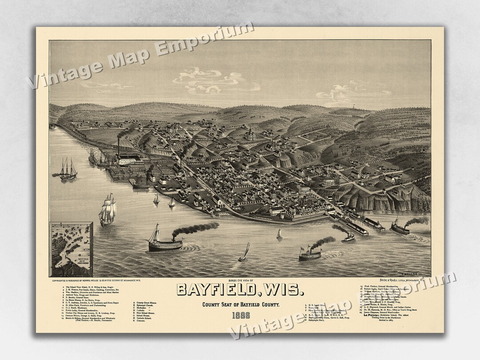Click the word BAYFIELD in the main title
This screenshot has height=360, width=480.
(x=215, y=290)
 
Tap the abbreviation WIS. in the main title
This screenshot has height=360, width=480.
(x=280, y=290)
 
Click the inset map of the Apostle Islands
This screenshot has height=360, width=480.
(x=72, y=249)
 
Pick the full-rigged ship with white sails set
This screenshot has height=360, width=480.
(x=108, y=210)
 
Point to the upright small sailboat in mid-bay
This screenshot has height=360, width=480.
(x=280, y=234)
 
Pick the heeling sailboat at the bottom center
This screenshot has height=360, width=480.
(x=244, y=253)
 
